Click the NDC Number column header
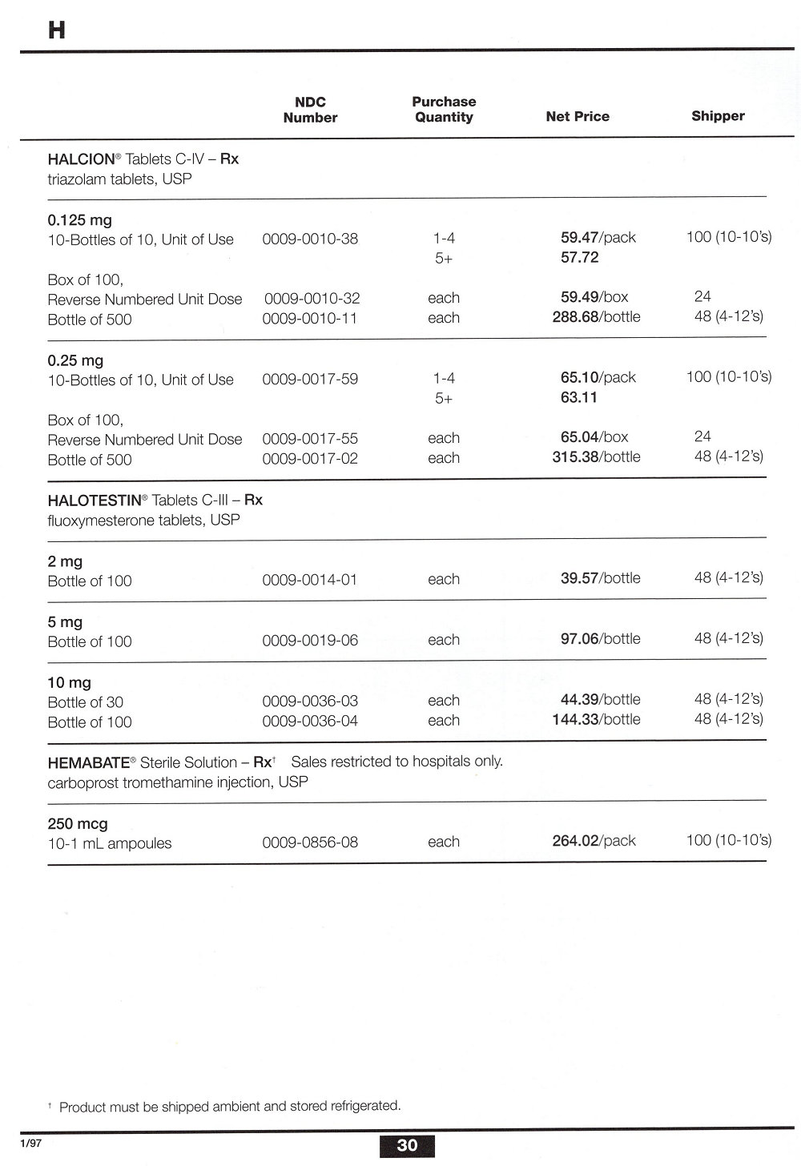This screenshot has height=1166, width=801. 310,110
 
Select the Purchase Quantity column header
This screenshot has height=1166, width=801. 444,110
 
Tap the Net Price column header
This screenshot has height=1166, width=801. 578,117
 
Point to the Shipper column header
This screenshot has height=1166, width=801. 718,116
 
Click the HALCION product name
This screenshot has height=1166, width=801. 82,159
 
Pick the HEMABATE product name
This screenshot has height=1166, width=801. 88,762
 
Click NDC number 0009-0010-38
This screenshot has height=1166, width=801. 310,239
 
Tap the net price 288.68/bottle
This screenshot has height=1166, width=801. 596,317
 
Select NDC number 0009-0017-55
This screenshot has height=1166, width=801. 310,439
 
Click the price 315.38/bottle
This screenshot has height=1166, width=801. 596,457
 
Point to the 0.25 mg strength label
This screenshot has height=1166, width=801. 75,361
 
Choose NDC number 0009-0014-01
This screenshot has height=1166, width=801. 310,580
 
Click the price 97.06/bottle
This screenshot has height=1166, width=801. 600,639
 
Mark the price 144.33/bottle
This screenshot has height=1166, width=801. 596,720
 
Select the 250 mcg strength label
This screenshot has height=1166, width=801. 78,823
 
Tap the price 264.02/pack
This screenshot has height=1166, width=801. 594,841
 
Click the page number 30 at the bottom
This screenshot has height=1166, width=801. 407,1145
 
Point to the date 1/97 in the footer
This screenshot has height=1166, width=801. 31,1144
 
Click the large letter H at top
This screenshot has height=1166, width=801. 57,30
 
